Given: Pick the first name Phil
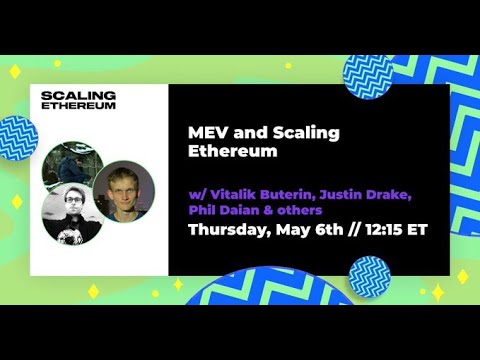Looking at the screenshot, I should point(203,210).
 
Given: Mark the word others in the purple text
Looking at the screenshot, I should point(303,210).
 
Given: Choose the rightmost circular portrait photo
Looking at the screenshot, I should point(128,190).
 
